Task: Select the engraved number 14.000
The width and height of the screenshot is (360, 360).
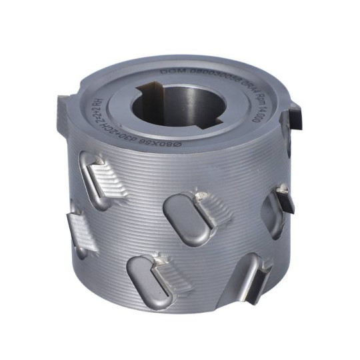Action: pyautogui.click(x=257, y=113)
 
